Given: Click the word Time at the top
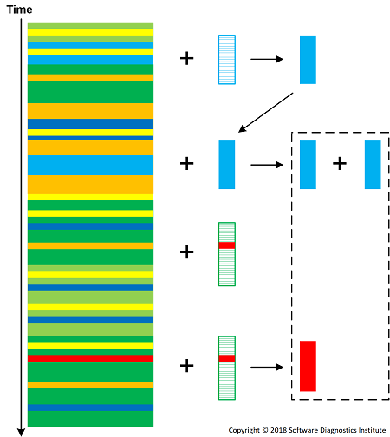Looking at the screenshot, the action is click(x=19, y=10).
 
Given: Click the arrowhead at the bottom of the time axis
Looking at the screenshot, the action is click(x=21, y=432).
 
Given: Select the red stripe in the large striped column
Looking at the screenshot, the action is click(x=90, y=359).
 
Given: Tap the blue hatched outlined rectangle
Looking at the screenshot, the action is click(x=227, y=60).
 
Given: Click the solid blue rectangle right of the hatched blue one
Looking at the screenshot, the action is click(x=308, y=60).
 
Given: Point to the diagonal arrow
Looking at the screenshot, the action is click(x=266, y=113).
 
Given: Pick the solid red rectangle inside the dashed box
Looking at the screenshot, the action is click(x=308, y=366).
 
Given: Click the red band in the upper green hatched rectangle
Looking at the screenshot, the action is click(x=227, y=245).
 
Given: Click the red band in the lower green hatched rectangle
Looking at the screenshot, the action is click(x=227, y=359).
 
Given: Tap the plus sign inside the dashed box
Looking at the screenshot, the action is click(x=340, y=164).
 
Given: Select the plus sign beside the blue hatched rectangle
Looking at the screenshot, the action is click(x=187, y=58).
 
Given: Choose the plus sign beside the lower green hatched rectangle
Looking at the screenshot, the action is click(x=187, y=366).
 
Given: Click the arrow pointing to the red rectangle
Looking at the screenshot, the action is click(x=267, y=367).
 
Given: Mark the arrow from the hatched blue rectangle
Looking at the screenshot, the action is click(x=267, y=59).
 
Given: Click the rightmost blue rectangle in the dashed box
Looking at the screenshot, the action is click(x=373, y=165).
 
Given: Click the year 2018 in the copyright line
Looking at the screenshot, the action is click(x=278, y=430).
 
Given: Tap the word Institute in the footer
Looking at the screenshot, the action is click(x=373, y=430).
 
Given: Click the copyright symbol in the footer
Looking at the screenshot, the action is click(x=265, y=430).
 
